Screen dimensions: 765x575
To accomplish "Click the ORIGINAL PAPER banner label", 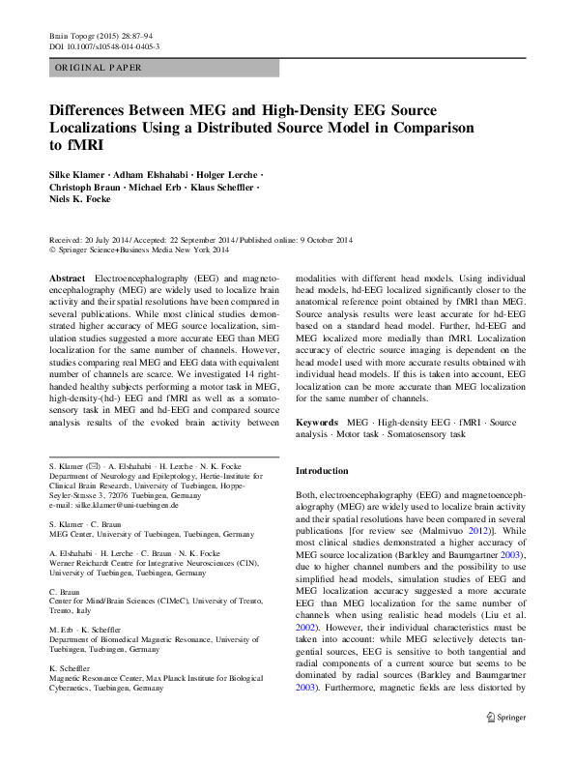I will pyautogui.click(x=97, y=68).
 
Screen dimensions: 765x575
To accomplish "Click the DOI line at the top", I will pyautogui.click(x=104, y=45).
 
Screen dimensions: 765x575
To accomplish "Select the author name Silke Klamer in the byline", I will pyautogui.click(x=77, y=173).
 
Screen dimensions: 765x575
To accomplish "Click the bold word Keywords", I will pyautogui.click(x=316, y=423).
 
